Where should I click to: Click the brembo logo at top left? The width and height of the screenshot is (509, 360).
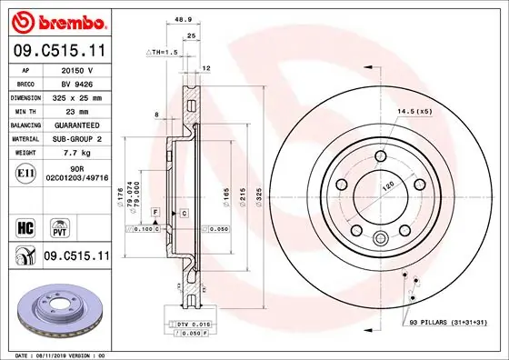[56, 20]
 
